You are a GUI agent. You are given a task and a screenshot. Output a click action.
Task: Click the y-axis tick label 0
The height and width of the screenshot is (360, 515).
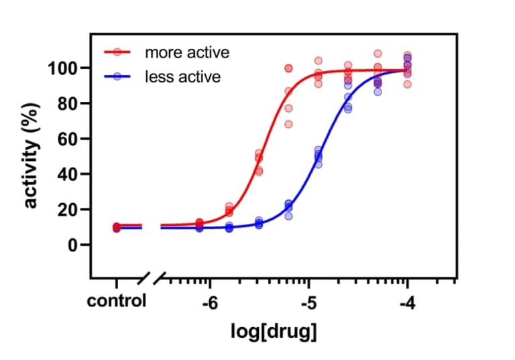(x=75, y=245)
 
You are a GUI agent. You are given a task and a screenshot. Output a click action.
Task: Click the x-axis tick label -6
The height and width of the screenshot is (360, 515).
(x=210, y=302)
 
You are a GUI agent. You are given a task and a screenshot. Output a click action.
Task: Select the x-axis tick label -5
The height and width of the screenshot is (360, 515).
(x=308, y=302)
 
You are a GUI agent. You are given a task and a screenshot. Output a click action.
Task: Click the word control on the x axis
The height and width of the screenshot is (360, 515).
(x=117, y=301)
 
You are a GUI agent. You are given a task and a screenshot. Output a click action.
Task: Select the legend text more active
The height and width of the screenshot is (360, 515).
(x=187, y=52)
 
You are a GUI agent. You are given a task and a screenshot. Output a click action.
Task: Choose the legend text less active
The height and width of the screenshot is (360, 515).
(x=182, y=76)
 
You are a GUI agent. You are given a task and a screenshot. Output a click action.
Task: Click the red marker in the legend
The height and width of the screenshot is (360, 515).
(x=118, y=52)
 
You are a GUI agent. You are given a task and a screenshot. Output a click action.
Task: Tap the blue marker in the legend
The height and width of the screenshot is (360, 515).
(x=118, y=76)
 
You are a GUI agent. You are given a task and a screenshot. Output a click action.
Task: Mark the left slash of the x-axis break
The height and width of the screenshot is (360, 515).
(x=143, y=278)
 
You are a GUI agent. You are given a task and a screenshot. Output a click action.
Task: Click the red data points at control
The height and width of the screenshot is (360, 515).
(x=117, y=227)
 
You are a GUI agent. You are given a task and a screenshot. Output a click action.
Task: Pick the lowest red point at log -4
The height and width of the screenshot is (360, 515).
(x=407, y=84)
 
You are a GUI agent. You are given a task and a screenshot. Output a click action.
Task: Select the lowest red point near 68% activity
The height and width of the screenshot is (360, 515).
(x=289, y=124)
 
